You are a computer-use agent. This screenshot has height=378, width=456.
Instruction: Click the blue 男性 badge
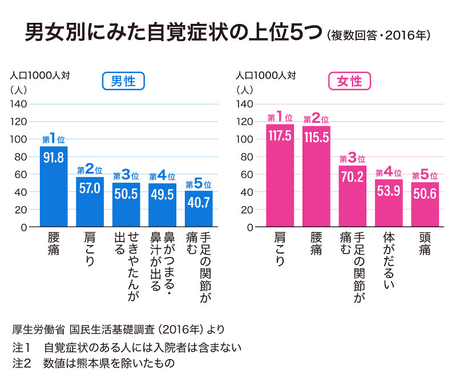123,82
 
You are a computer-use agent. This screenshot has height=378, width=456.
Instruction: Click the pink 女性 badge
349,82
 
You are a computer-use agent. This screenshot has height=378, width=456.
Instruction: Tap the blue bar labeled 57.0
90,202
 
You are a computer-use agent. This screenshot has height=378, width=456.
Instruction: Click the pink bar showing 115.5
316,176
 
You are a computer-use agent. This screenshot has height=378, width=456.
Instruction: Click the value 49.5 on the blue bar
162,192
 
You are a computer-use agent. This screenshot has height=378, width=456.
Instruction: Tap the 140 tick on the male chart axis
20,104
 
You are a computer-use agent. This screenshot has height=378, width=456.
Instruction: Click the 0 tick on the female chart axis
249,227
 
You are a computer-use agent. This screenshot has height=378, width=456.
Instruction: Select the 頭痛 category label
425,243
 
